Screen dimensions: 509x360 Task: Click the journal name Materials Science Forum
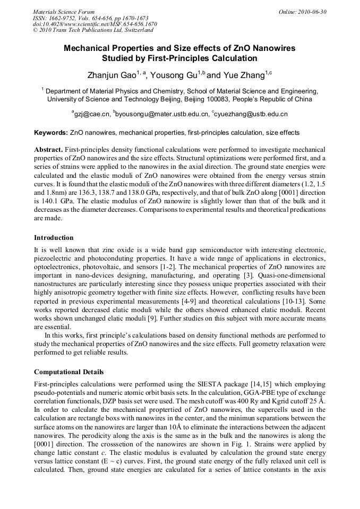64,11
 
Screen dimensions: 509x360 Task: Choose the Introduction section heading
54,237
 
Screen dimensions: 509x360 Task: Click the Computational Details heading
68,372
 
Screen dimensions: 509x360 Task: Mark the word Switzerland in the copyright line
135,30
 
